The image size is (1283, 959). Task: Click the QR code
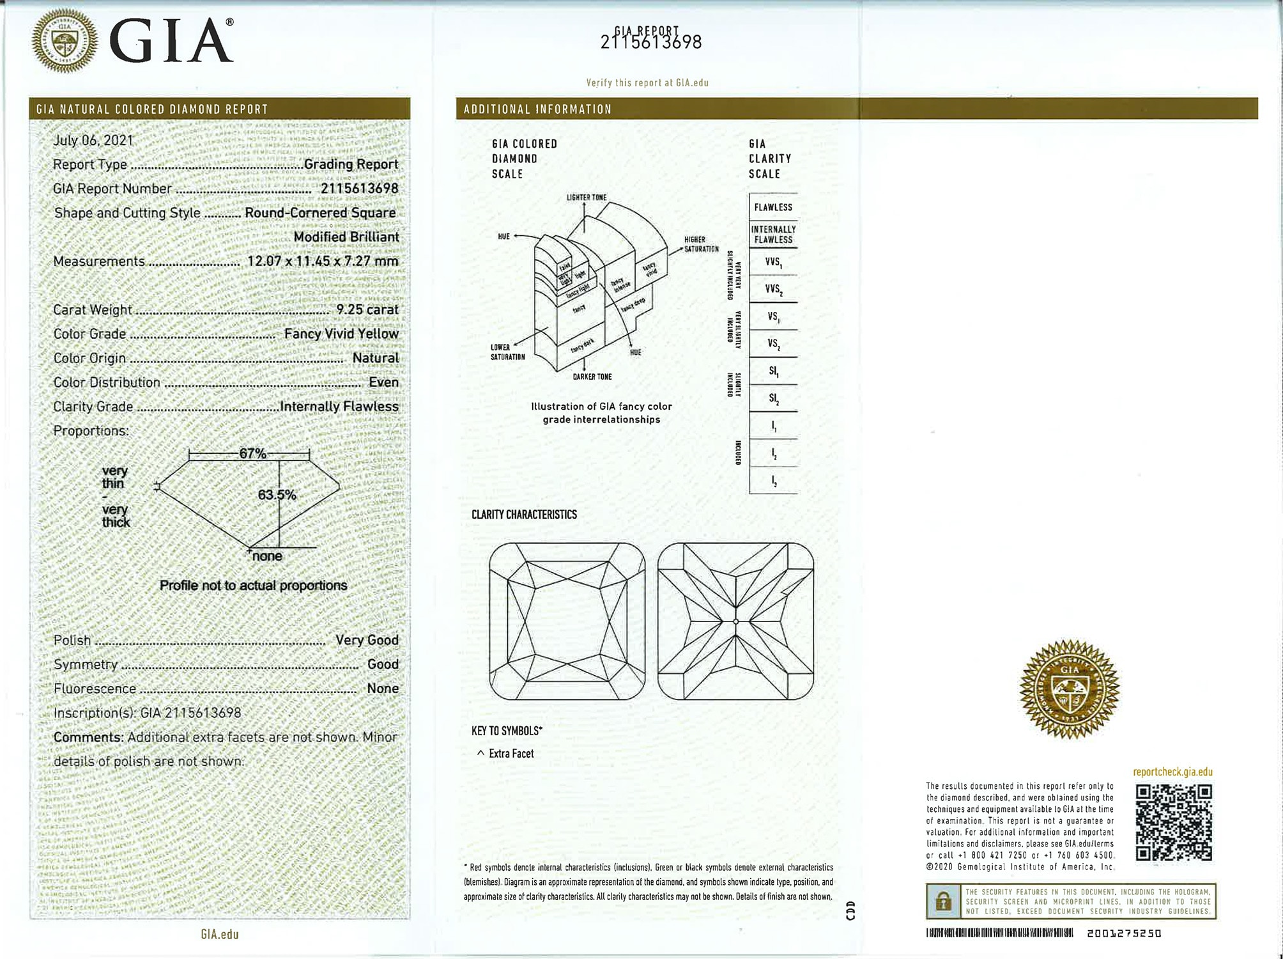1174,822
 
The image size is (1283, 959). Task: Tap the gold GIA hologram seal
1070,689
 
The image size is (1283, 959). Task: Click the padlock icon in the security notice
943,902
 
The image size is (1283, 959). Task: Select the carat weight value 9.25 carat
367,309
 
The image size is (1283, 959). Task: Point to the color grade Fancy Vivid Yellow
341,334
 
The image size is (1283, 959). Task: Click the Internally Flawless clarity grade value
339,407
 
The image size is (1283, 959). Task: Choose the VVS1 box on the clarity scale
773,262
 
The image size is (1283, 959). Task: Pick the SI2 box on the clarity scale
773,399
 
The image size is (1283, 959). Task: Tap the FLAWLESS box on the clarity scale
773,207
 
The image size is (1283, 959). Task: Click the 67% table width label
252,453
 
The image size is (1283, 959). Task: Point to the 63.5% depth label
277,495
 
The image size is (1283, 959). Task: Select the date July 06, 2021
93,140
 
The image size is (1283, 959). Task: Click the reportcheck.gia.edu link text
1172,772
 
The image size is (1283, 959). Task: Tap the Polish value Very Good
367,640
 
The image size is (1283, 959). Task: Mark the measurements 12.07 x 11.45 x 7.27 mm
323,261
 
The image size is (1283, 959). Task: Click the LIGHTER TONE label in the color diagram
587,197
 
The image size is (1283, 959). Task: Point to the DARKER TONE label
592,377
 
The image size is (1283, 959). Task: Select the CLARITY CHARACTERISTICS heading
524,515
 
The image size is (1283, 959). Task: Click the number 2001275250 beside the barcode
1124,933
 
